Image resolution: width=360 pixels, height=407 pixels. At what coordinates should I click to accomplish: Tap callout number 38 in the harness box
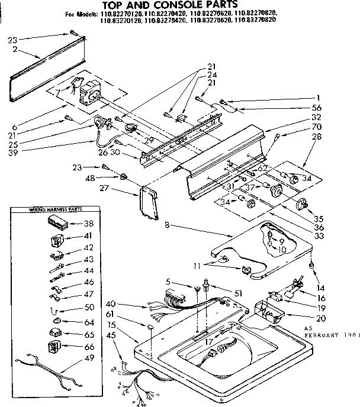tap(89, 224)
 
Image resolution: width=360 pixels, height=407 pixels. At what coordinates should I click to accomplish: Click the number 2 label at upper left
tap(13, 50)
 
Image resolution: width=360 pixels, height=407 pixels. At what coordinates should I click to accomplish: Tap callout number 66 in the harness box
tap(89, 346)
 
